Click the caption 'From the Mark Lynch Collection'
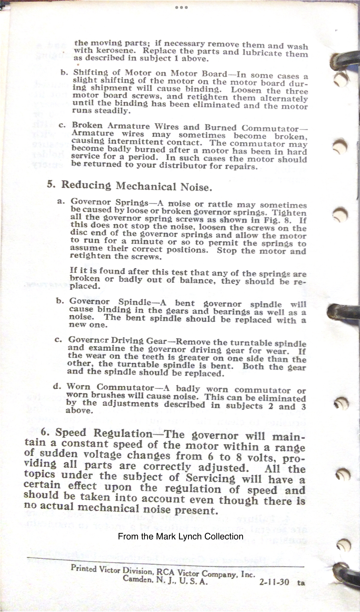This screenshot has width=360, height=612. (181, 536)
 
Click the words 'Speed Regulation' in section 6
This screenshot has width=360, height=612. (104, 433)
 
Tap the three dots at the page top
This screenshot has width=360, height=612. (181, 7)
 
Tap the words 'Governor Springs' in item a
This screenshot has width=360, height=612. (109, 202)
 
